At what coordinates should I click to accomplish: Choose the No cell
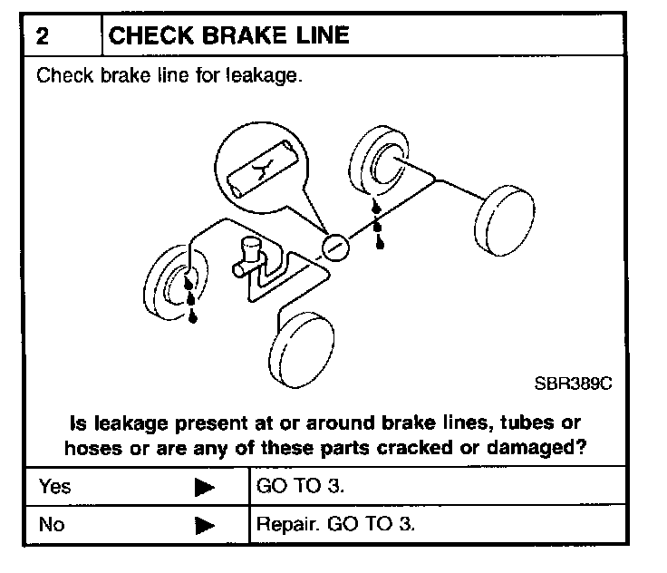tap(52, 524)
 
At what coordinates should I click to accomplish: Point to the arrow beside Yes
tap(205, 488)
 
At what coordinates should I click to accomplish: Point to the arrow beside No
tap(205, 525)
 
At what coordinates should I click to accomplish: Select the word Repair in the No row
tap(283, 524)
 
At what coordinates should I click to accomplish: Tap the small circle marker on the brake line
tap(334, 246)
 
